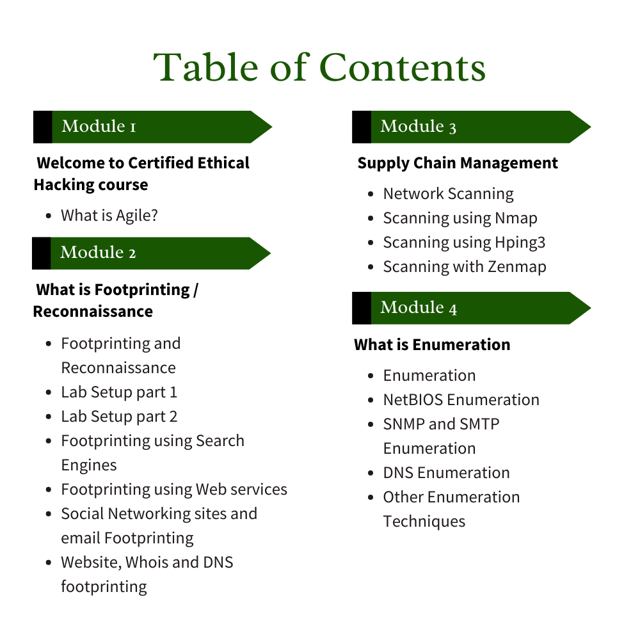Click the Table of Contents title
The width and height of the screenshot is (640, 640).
319,67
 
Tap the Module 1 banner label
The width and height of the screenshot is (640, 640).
99,126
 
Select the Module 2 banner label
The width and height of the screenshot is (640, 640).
98,252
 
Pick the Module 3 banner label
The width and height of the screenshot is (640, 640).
419,126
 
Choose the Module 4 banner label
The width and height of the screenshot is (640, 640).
419,307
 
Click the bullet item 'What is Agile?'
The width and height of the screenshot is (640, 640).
109,216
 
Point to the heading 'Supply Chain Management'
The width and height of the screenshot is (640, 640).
458,163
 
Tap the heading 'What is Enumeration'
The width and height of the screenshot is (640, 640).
432,344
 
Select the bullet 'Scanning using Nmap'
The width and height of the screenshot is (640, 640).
460,218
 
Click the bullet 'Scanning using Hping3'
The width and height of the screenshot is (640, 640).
465,243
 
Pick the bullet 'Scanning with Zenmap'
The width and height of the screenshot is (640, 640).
465,267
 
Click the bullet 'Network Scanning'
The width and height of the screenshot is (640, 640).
449,194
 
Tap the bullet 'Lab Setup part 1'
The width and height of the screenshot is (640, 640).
119,392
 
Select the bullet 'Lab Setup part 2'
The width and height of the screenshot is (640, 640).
119,417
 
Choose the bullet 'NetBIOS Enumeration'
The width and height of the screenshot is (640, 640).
461,400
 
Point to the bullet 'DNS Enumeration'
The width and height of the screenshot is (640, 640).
447,473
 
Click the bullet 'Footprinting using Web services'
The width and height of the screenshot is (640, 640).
174,490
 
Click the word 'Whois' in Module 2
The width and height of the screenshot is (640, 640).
147,563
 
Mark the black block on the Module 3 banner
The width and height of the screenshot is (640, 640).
362,127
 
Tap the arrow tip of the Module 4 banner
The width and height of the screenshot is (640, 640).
591,308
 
